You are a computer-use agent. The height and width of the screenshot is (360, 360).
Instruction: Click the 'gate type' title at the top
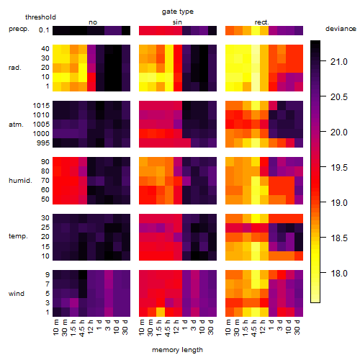pos(178,12)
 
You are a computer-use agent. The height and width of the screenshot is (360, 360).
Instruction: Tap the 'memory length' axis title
pos(177,350)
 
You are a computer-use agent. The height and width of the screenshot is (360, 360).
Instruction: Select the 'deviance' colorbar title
pos(341,29)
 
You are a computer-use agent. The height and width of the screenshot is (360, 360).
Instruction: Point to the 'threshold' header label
pos(40,17)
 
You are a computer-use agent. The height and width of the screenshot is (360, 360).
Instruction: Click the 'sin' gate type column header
pos(177,22)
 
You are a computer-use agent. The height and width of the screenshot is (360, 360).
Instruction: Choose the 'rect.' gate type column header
pos(261,22)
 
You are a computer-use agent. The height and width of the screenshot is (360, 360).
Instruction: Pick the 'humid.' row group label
pos(20,181)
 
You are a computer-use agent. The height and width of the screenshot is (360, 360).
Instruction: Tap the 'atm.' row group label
pos(16,125)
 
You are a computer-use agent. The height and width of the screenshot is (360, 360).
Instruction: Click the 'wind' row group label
pos(17,293)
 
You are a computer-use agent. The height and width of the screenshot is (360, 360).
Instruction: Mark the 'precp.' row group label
pos(19,29)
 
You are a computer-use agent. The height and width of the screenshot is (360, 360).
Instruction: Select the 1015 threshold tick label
pos(41,105)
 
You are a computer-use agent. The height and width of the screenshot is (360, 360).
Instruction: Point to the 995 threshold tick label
pos(43,143)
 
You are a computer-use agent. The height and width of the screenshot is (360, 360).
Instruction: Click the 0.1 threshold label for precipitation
pos(44,30)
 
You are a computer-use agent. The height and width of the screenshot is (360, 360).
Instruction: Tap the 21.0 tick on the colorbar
pos(339,62)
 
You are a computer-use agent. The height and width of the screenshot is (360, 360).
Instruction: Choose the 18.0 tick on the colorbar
pos(339,273)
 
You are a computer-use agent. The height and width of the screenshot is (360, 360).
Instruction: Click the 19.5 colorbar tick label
pos(339,168)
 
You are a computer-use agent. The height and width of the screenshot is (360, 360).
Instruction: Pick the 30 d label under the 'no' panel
pos(125,327)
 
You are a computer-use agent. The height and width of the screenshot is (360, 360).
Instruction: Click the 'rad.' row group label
pos(15,68)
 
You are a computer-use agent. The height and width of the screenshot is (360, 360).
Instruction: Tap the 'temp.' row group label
pos(18,236)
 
